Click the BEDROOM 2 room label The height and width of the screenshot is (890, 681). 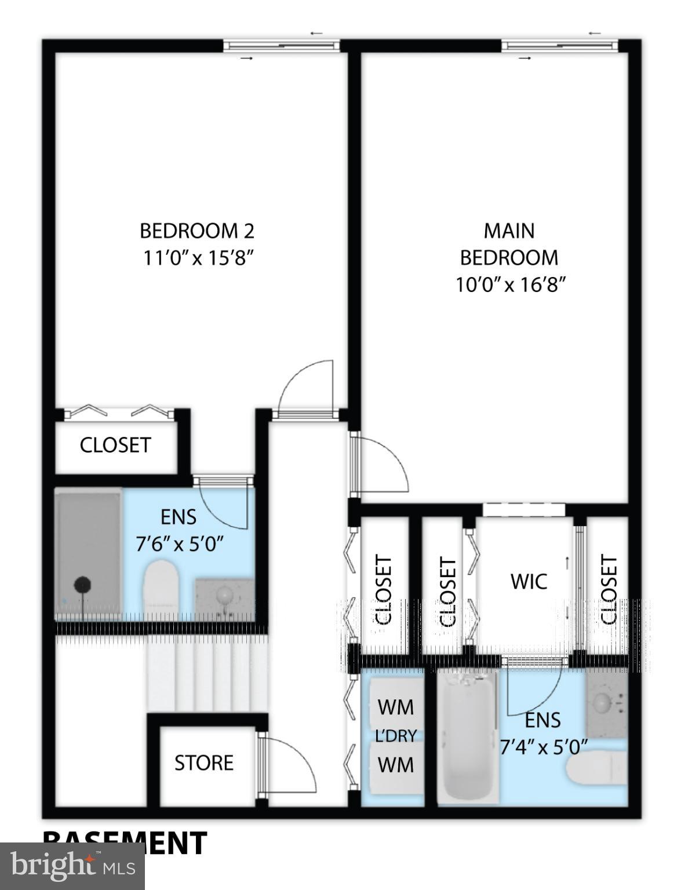click(x=196, y=231)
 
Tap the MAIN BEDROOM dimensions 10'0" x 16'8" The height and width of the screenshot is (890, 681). click(x=509, y=285)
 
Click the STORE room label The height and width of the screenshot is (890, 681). click(x=204, y=763)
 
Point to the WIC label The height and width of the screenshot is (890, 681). click(x=529, y=581)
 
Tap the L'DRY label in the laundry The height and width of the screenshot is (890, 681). click(x=396, y=736)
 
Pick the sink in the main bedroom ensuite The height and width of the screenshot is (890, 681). click(x=603, y=702)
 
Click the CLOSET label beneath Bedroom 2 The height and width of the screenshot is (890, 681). click(x=115, y=445)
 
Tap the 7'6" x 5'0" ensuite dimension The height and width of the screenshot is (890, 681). click(x=180, y=545)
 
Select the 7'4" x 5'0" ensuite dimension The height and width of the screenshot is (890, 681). click(x=544, y=747)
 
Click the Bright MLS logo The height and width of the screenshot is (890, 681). click(x=72, y=866)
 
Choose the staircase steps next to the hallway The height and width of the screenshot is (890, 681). click(x=206, y=672)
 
